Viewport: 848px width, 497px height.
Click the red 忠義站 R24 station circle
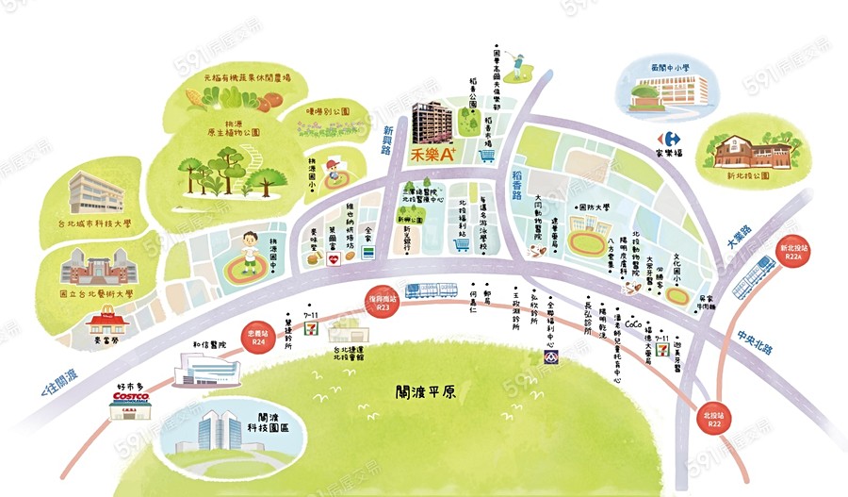tap(257, 338)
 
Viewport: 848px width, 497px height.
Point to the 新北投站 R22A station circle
tap(791, 253)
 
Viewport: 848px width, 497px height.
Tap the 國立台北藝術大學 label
tap(93, 294)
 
